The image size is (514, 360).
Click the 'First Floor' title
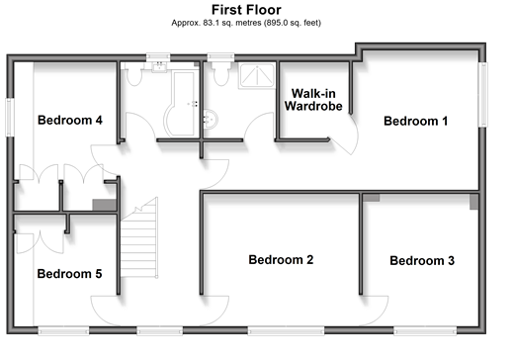pyautogui.click(x=246, y=10)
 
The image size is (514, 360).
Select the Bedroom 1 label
pyautogui.click(x=416, y=121)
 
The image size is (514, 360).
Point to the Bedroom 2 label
pyautogui.click(x=281, y=260)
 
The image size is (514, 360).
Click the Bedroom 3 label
pyautogui.click(x=422, y=261)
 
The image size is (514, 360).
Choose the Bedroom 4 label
pyautogui.click(x=70, y=120)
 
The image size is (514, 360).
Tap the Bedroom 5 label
pyautogui.click(x=69, y=274)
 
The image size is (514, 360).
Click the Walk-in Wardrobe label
pyautogui.click(x=313, y=100)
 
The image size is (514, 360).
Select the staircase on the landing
pyautogui.click(x=139, y=238)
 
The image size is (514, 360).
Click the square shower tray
pyautogui.click(x=257, y=76)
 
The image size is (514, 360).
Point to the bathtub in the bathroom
pyautogui.click(x=181, y=104)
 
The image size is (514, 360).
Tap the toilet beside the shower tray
pyautogui.click(x=221, y=73)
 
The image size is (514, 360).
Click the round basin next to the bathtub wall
pyautogui.click(x=211, y=120)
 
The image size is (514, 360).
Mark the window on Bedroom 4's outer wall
pyautogui.click(x=10, y=118)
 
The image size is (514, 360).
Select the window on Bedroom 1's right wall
pyautogui.click(x=482, y=94)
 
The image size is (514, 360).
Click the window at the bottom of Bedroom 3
pyautogui.click(x=425, y=330)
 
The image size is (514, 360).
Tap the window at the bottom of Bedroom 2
pyautogui.click(x=286, y=330)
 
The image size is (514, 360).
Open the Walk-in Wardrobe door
pyautogui.click(x=344, y=135)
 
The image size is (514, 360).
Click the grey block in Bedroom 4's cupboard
pyautogui.click(x=104, y=205)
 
